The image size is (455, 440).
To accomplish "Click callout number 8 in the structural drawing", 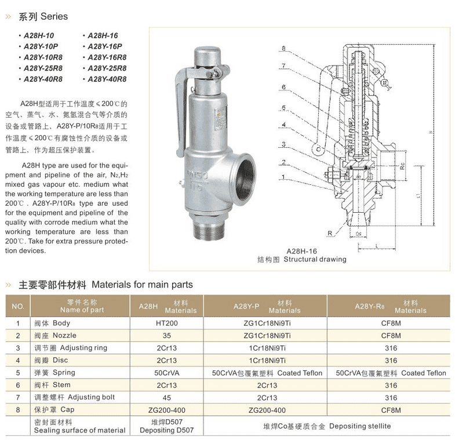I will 284,48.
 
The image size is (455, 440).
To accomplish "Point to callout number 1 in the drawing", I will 284,176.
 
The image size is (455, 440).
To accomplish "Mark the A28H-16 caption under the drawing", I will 301,251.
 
